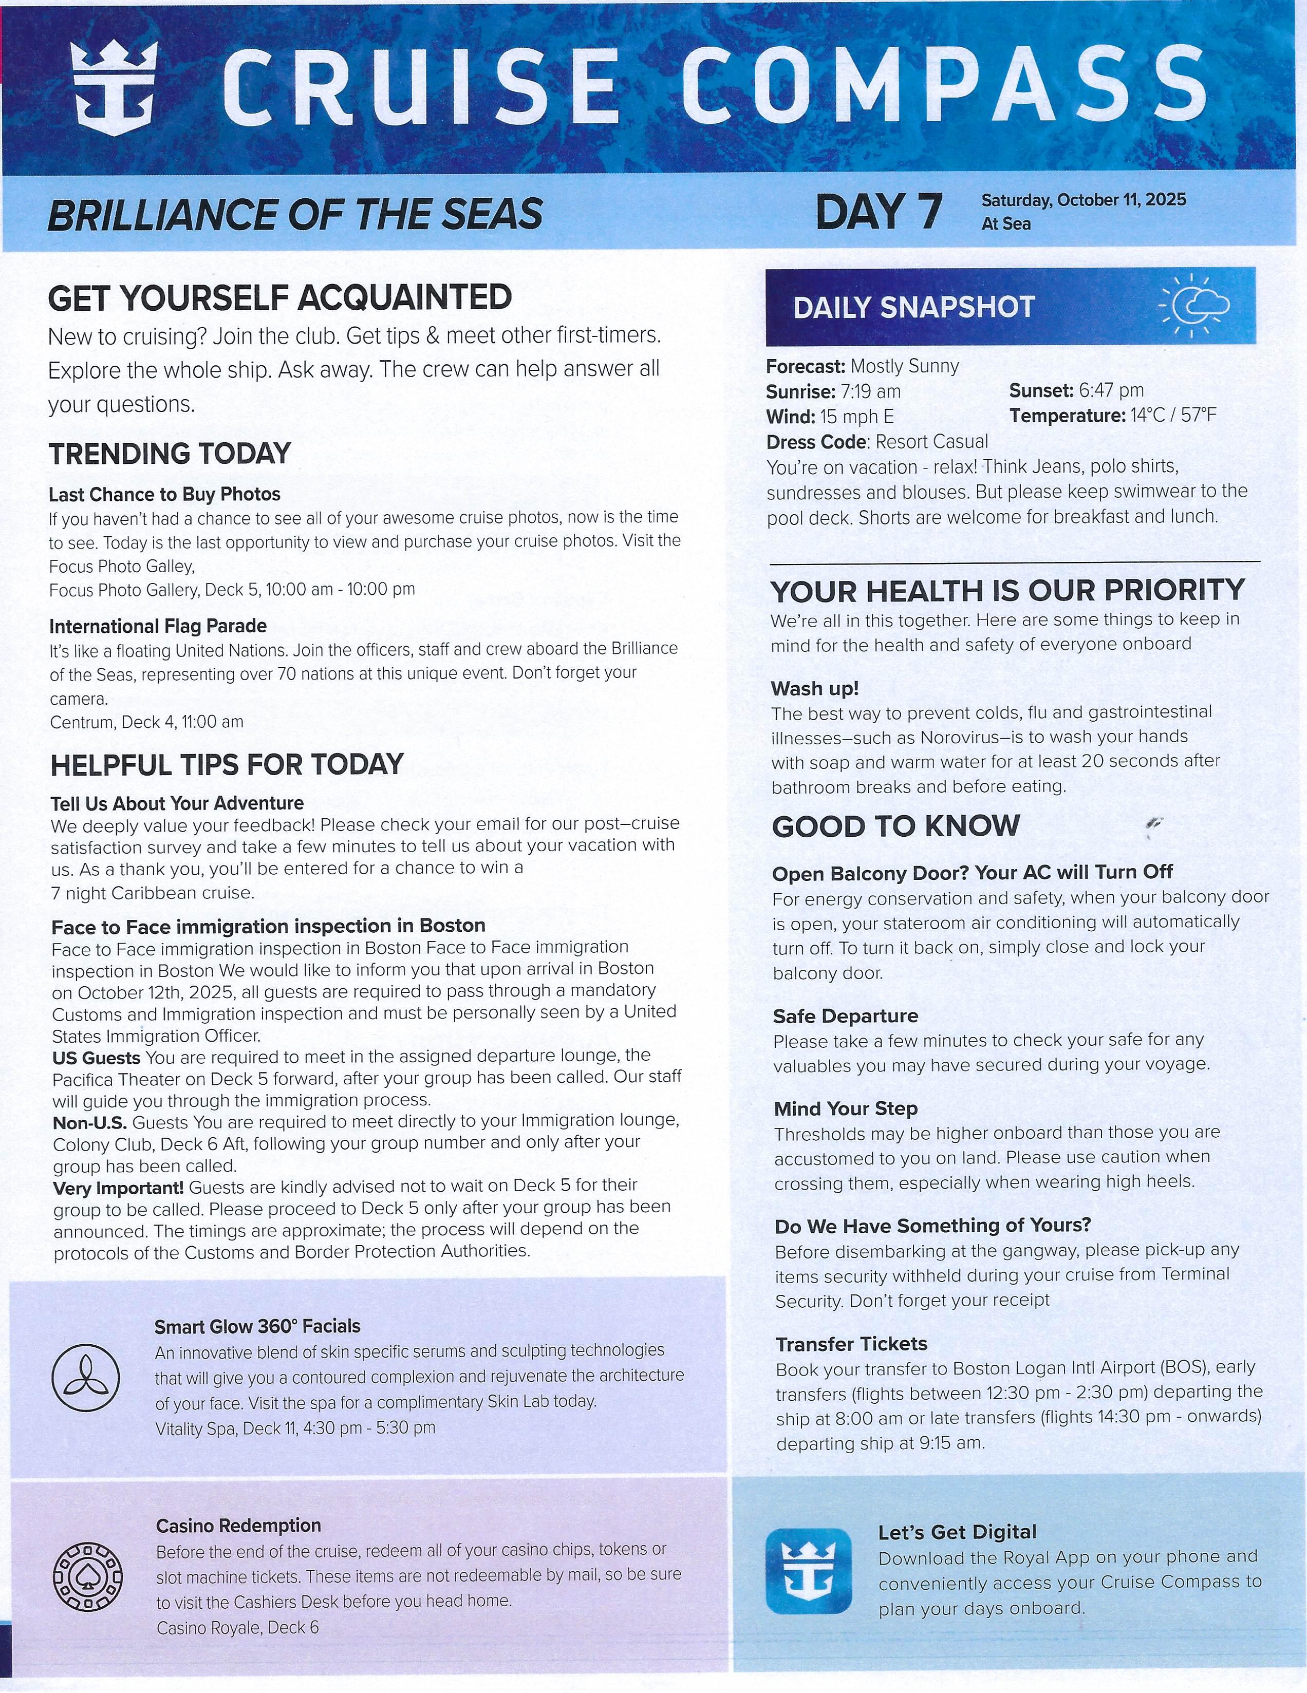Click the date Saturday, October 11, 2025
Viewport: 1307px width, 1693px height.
(x=1083, y=199)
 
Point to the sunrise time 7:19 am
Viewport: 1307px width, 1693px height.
(x=870, y=391)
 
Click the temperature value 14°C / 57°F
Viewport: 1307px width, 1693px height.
(x=1173, y=416)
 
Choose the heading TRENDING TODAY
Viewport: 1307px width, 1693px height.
(x=170, y=454)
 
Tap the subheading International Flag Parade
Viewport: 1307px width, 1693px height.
(x=158, y=626)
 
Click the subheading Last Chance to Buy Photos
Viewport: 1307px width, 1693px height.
(x=164, y=494)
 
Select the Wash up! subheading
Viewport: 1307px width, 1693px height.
(x=814, y=688)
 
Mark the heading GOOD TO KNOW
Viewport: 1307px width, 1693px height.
(x=895, y=826)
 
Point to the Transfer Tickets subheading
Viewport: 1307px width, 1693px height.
(x=851, y=1343)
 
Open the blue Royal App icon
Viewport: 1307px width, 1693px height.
(x=808, y=1571)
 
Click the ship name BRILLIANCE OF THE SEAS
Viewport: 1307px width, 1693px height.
(x=294, y=215)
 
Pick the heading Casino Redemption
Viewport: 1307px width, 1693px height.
(x=238, y=1526)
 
